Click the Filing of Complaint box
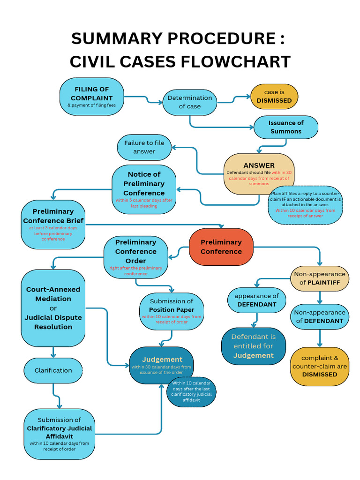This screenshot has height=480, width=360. [92, 97]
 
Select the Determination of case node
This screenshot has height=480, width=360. [190, 102]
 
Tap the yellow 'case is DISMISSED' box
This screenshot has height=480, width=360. [274, 97]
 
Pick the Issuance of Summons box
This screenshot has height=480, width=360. [286, 127]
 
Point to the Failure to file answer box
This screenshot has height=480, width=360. [144, 147]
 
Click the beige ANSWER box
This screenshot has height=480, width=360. [259, 174]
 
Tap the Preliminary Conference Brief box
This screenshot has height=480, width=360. [53, 225]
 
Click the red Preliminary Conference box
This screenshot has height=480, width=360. [221, 247]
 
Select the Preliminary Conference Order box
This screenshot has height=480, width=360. [135, 256]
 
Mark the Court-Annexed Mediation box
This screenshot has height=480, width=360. [53, 308]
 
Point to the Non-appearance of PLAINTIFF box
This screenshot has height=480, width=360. [320, 278]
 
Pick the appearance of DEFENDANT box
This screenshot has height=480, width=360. [256, 300]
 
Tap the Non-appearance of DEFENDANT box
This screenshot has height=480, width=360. [320, 316]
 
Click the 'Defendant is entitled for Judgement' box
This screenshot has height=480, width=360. [253, 346]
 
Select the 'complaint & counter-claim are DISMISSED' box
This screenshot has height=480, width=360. [320, 366]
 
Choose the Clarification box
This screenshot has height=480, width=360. [53, 370]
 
